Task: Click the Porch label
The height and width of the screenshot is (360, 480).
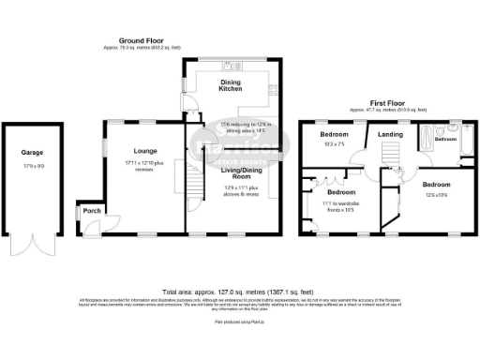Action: pos(91,211)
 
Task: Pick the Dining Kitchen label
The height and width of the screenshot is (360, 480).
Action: pos(231,85)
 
